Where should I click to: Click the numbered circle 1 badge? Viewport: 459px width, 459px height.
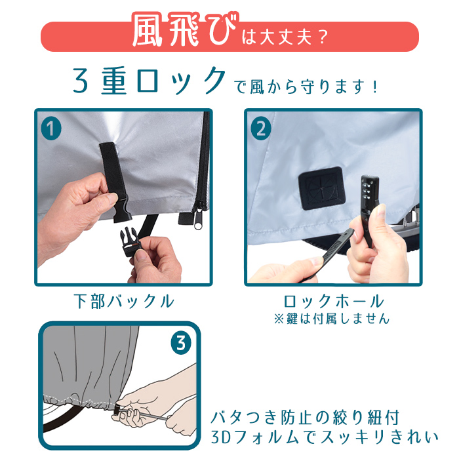[x=51, y=129]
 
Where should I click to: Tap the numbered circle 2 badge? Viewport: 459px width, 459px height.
[x=261, y=129]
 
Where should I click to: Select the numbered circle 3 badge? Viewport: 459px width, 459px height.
[x=181, y=343]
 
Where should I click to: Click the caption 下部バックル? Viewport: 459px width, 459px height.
[x=124, y=302]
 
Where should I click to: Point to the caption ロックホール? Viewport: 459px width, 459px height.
[x=334, y=301]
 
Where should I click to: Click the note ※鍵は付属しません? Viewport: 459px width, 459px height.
[x=332, y=319]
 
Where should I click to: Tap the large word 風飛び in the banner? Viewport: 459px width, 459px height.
[x=185, y=30]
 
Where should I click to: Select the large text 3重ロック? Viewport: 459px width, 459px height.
[x=149, y=81]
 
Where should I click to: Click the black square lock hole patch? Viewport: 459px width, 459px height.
[x=321, y=188]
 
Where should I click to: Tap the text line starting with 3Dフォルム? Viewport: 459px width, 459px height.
[x=325, y=437]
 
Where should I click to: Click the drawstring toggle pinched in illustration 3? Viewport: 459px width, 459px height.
[x=119, y=412]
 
